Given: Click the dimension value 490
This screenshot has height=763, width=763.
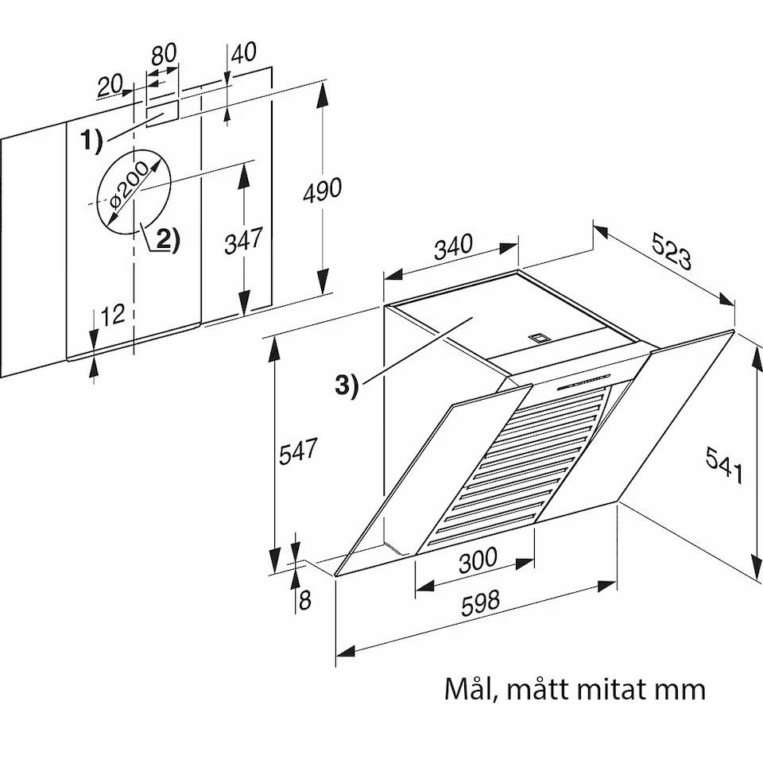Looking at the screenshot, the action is tap(322, 190).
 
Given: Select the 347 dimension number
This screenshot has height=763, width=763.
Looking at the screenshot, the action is tap(243, 240).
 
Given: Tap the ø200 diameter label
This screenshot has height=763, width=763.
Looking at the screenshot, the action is tap(129, 185).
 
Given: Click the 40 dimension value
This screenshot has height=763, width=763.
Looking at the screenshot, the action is tap(243, 52).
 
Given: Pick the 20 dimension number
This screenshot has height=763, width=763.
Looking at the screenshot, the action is tap(110, 86).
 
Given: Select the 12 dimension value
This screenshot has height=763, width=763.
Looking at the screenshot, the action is tap(113, 315).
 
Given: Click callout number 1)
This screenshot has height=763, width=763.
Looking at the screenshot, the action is tap(91, 141).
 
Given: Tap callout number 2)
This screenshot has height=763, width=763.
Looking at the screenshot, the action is tap(168, 239).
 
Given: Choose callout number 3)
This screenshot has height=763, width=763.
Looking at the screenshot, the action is tap(347, 386).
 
